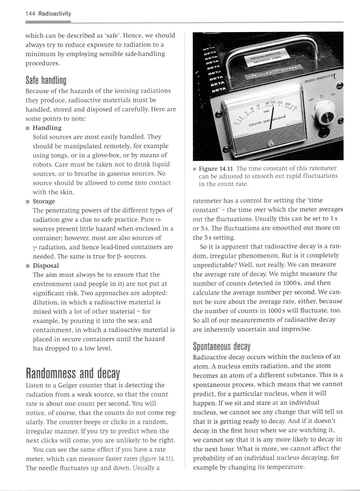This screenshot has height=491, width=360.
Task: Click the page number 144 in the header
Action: click(x=30, y=14)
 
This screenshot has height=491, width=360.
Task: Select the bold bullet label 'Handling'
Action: click(x=47, y=128)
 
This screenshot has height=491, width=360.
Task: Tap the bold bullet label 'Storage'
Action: click(x=44, y=201)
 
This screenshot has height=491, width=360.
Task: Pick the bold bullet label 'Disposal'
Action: click(x=46, y=265)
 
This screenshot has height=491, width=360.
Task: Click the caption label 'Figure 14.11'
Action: click(x=217, y=169)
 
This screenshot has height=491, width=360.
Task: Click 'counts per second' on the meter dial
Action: click(x=267, y=121)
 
